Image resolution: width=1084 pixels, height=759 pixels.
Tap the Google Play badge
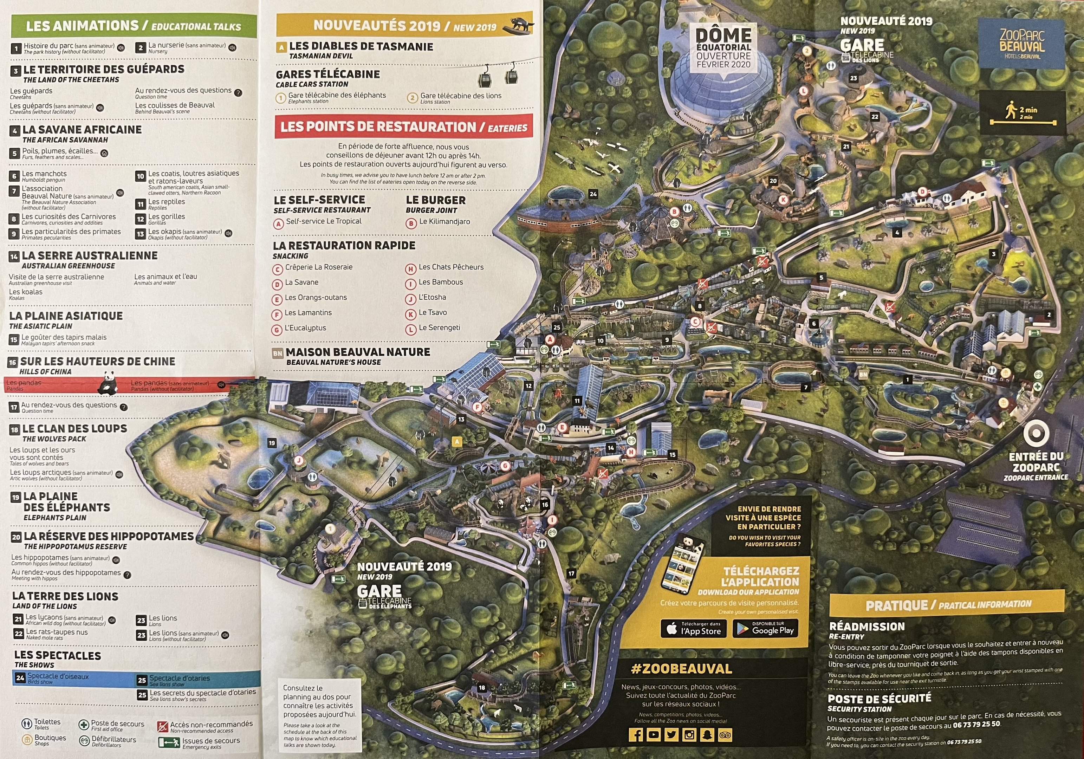[x=765, y=629]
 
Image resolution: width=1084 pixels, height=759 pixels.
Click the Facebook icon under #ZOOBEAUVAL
[x=636, y=735]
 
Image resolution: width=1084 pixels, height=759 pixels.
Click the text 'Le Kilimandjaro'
[x=444, y=221]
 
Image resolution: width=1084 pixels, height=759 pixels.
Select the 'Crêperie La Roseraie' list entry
[x=319, y=267]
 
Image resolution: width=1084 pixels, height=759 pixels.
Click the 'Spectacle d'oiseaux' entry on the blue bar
[x=58, y=676]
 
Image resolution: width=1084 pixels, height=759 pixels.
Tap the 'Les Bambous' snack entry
[x=441, y=282]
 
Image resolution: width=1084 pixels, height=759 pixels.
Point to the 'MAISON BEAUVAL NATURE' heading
[x=357, y=352]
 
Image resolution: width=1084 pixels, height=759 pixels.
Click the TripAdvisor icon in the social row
[x=724, y=735]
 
